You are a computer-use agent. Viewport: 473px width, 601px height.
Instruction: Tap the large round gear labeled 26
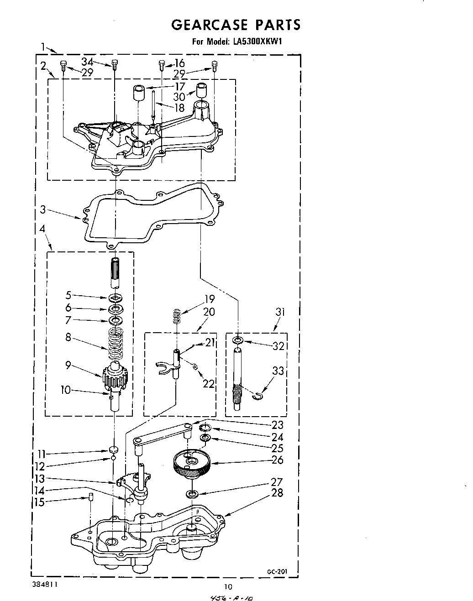(191, 463)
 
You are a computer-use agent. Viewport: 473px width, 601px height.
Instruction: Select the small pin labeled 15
(90, 497)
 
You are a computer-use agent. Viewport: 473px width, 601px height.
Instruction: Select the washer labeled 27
(191, 494)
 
